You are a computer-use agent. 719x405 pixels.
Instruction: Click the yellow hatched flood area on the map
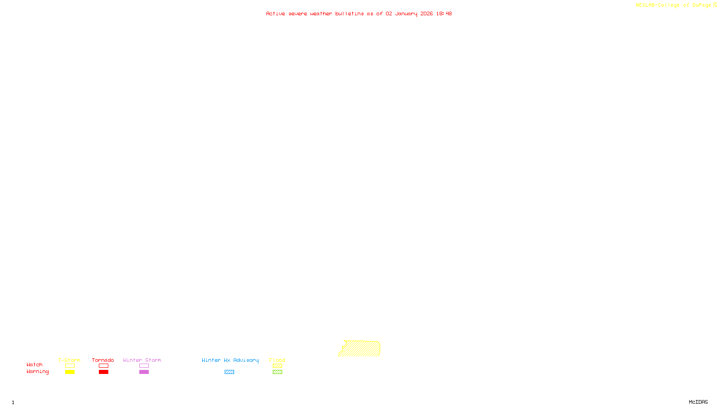[x=361, y=349]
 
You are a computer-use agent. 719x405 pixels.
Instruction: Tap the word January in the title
[x=406, y=13]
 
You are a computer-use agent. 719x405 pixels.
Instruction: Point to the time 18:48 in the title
[x=444, y=13]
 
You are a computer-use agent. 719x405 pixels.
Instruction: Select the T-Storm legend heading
[x=69, y=360]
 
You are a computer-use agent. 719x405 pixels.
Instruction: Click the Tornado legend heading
[x=103, y=360]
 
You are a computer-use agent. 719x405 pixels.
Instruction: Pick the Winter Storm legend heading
[x=142, y=360]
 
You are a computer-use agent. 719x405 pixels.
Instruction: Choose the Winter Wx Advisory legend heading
[x=230, y=360]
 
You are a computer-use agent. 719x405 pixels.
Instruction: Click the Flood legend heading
[x=277, y=360]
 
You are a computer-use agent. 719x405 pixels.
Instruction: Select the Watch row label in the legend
[x=35, y=364]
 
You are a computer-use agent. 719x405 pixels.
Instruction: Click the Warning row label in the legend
[x=37, y=372]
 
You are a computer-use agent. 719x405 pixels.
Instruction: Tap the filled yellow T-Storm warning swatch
[x=70, y=372]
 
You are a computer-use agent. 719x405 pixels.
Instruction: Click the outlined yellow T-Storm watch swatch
[x=70, y=366]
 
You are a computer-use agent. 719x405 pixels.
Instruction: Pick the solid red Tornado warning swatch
[x=103, y=372]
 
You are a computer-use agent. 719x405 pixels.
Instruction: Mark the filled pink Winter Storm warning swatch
[x=144, y=372]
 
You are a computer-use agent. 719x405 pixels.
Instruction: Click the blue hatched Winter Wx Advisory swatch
[x=229, y=372]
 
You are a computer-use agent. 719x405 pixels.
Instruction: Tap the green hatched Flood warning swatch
[x=277, y=372]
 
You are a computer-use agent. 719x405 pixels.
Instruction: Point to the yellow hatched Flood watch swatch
[x=277, y=366]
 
